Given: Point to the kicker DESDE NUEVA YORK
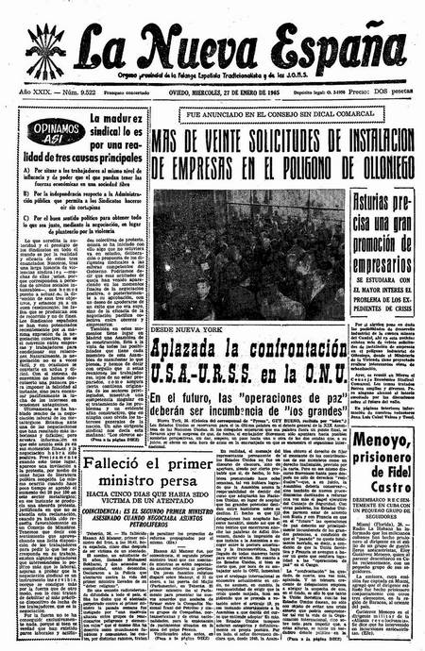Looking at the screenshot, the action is (193, 333).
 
